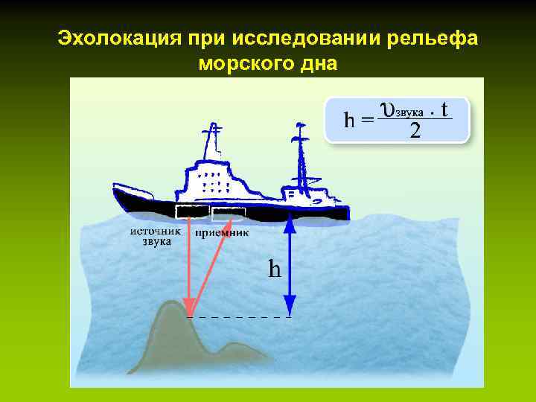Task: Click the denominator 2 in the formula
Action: [415, 132]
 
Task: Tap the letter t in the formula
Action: [444, 110]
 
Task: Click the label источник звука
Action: [154, 236]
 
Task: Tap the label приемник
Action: [222, 232]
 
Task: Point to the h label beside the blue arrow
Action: [275, 267]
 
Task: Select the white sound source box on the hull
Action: [188, 211]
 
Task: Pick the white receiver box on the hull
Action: [228, 214]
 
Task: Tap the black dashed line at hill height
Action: [238, 317]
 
